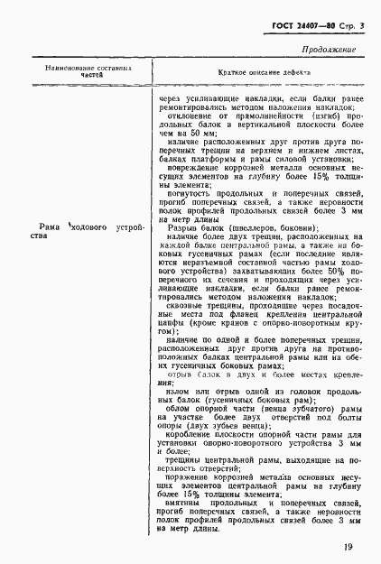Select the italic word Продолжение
point(328,51)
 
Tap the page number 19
point(348,546)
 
